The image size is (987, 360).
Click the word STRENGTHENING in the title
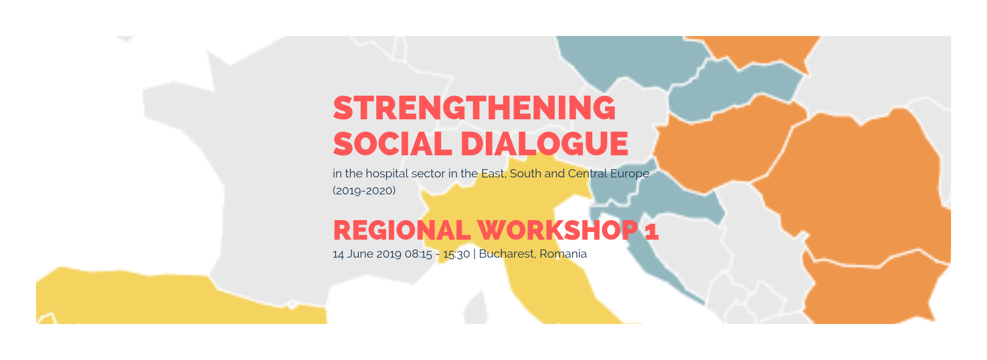click(474, 108)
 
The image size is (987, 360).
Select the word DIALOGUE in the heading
click(544, 143)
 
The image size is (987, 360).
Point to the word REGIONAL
click(402, 230)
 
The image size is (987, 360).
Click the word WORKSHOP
click(558, 230)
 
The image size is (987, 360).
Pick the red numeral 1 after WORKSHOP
click(652, 230)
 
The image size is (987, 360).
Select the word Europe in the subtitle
click(630, 174)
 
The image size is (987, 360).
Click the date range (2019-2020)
click(364, 191)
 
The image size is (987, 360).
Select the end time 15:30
click(456, 254)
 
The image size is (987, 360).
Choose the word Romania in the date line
click(563, 254)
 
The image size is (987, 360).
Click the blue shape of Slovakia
click(735, 85)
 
